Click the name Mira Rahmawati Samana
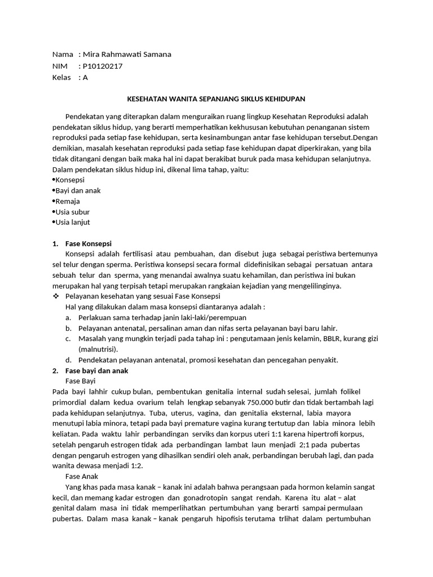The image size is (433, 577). point(127,55)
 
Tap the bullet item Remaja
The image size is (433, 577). point(67,201)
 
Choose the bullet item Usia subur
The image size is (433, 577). point(72,212)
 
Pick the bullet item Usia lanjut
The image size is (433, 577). point(72,223)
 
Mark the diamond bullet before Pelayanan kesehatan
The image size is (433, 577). point(55,296)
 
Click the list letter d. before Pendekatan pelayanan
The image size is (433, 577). point(68,360)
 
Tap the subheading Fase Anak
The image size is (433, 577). point(82,476)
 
